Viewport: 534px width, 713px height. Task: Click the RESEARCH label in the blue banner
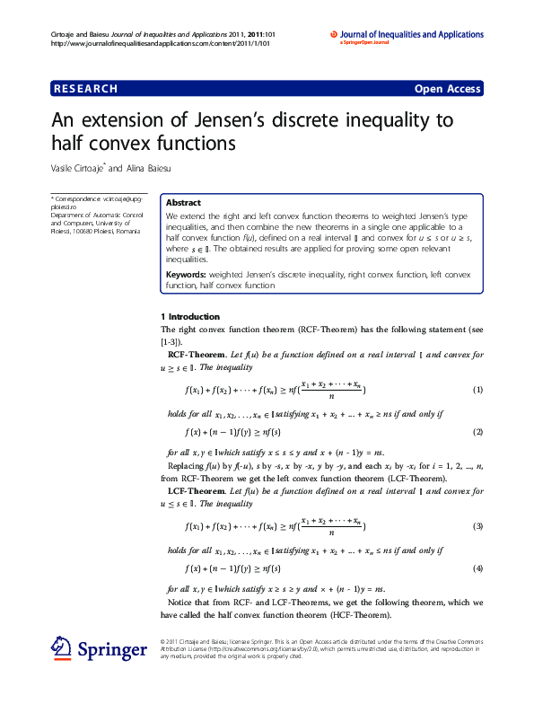pos(86,89)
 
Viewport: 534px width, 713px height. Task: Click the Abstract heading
pos(183,203)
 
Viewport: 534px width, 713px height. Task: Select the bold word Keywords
pos(186,274)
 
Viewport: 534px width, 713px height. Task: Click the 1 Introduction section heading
pos(189,317)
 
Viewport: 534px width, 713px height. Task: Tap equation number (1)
pos(477,391)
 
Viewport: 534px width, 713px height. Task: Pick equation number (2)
pos(477,432)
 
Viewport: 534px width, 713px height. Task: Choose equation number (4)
pos(477,568)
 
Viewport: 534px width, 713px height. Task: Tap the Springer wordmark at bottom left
pos(111,649)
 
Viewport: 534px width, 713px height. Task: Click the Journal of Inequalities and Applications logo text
pos(412,34)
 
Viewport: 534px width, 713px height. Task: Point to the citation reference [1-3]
pos(170,342)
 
